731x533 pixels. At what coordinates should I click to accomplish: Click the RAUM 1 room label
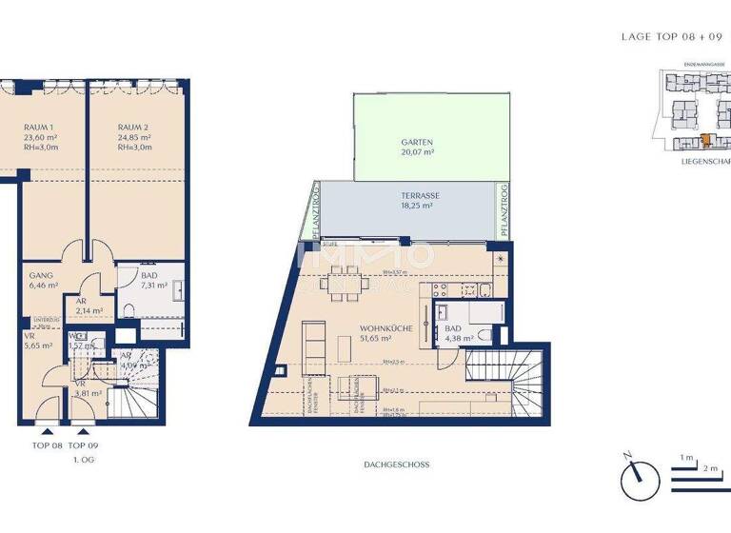click(x=39, y=127)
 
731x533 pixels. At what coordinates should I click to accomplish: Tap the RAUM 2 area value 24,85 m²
click(x=133, y=137)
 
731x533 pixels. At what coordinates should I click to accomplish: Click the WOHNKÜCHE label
click(x=386, y=328)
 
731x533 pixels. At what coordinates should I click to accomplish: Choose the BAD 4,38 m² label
click(x=452, y=333)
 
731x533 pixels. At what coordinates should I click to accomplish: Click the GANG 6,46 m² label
click(x=42, y=279)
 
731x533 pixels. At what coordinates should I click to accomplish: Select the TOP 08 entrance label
click(x=47, y=444)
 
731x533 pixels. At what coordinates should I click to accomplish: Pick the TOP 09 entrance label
click(x=84, y=444)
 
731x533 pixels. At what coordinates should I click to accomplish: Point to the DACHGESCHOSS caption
click(x=397, y=465)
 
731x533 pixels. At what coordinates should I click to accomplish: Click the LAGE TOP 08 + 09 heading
click(x=671, y=37)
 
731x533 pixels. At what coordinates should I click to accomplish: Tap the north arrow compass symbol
click(x=640, y=478)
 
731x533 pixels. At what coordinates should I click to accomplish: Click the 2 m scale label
click(x=710, y=469)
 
